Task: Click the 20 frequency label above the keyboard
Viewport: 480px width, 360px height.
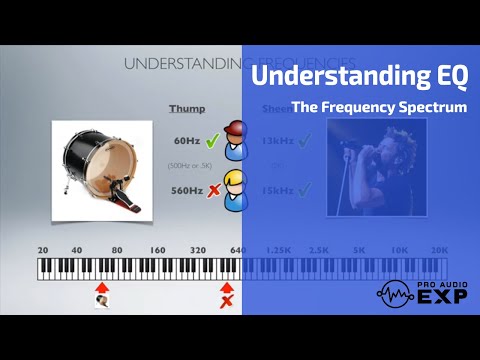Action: [x=43, y=250]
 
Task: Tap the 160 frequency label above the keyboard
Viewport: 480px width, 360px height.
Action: [x=158, y=250]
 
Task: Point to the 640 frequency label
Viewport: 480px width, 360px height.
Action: [x=238, y=250]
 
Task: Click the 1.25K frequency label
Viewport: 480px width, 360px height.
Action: [x=278, y=250]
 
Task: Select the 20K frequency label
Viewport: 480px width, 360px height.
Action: [x=438, y=250]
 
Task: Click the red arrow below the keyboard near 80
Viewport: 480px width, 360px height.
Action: [x=101, y=288]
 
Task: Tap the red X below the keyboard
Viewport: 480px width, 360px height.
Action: [x=227, y=300]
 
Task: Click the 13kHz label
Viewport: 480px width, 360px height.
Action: [x=276, y=142]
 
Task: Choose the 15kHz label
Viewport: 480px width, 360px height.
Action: [x=276, y=189]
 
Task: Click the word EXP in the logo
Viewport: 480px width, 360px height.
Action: [x=438, y=297]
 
